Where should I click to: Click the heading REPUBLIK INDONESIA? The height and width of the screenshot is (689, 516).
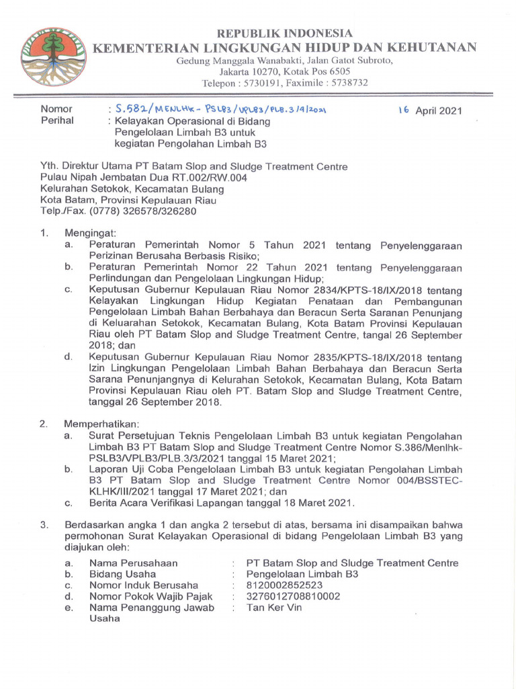coord(285,33)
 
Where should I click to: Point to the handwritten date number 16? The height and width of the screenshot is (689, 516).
coord(403,110)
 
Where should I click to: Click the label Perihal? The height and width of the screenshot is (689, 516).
coord(57,121)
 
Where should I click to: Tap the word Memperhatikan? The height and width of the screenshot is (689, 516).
coord(101,424)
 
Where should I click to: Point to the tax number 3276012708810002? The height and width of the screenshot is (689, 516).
coord(293,596)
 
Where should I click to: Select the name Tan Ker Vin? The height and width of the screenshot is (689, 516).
coord(274,608)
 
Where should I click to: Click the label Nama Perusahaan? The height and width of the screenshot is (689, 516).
coord(134,563)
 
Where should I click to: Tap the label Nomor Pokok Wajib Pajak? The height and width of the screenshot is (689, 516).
coord(151,596)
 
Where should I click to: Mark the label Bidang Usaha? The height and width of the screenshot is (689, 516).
coord(123,574)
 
